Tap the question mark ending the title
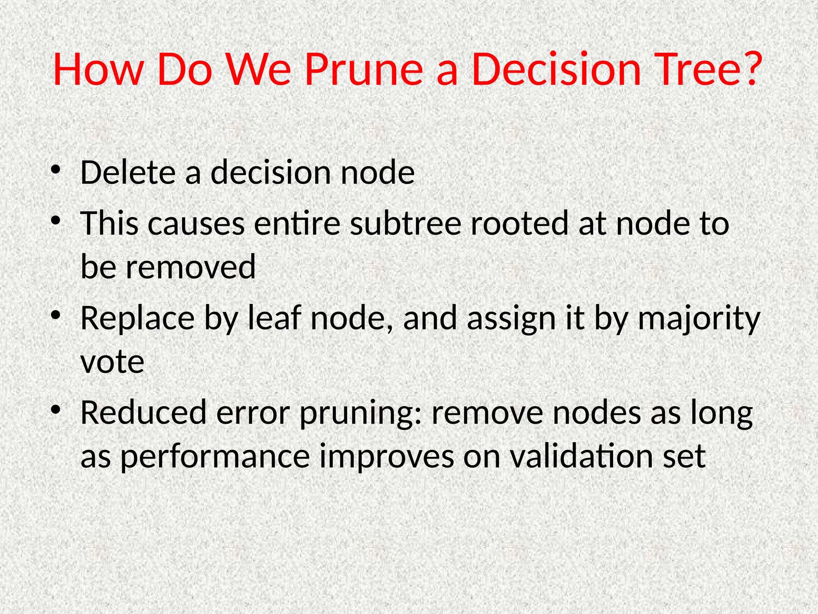tap(752, 69)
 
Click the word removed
tap(191, 267)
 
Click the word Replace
tap(137, 319)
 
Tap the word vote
tap(112, 362)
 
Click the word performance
tap(215, 457)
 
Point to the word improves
tap(386, 457)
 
